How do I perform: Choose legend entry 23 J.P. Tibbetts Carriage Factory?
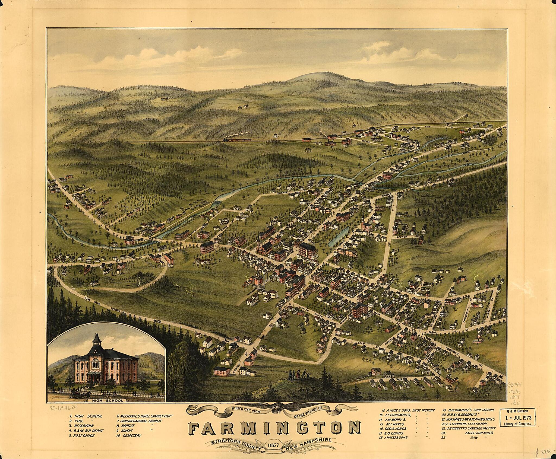(468, 428)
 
